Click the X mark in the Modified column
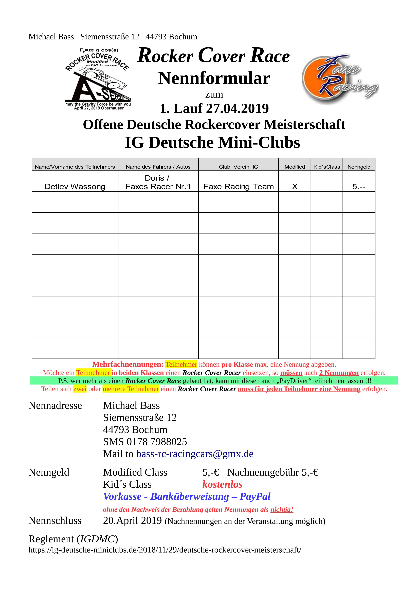(x=295, y=187)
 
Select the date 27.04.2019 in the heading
(x=237, y=108)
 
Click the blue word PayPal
(x=255, y=497)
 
